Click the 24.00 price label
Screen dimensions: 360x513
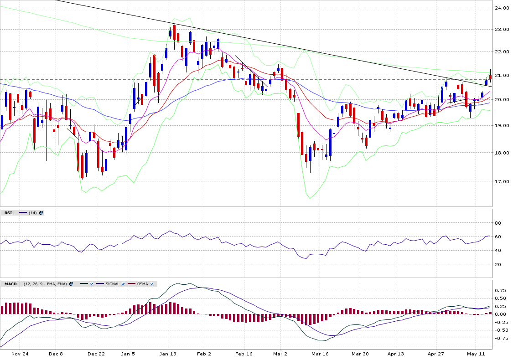click(x=503, y=8)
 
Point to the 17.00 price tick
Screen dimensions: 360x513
click(x=503, y=181)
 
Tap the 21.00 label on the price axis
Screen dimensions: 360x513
click(x=503, y=75)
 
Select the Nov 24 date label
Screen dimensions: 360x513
click(x=20, y=354)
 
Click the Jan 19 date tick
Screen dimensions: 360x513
click(x=168, y=354)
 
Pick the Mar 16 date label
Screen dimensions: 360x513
click(x=320, y=354)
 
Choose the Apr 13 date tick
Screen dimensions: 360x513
click(x=396, y=354)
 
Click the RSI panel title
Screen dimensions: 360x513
click(x=9, y=213)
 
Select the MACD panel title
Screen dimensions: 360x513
click(x=10, y=284)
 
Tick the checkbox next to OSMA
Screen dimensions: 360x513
click(x=152, y=284)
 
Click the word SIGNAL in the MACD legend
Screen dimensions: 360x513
click(x=112, y=284)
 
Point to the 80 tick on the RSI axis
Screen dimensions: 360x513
click(x=499, y=223)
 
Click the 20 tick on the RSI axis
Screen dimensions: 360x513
click(x=499, y=264)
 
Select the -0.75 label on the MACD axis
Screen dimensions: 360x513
click(x=502, y=338)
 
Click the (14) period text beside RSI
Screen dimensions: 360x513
click(x=32, y=213)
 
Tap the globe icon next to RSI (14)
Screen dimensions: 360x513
click(x=41, y=213)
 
